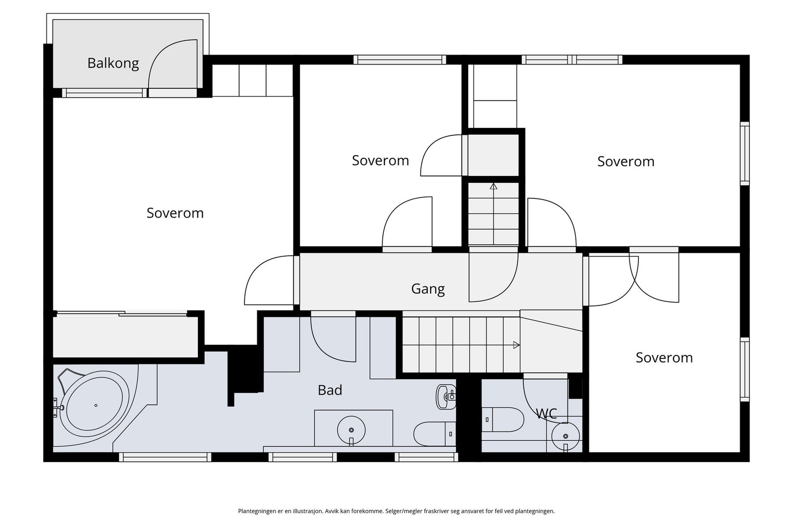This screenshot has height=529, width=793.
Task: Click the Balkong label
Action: [113, 63]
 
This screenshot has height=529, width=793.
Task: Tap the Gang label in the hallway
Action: [428, 289]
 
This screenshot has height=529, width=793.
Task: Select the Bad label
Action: [330, 390]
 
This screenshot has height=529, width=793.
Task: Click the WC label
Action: [547, 413]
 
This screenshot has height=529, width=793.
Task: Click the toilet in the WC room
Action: [503, 419]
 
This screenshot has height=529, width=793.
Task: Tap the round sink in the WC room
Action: [566, 436]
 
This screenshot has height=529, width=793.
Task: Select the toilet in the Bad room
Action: [435, 434]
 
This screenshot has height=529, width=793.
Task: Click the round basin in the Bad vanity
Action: [351, 430]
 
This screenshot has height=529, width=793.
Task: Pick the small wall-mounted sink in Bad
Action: [446, 397]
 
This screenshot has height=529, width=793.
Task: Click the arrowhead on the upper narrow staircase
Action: [494, 186]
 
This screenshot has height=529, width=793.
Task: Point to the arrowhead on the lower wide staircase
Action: [516, 345]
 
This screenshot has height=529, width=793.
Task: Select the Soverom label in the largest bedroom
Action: [175, 213]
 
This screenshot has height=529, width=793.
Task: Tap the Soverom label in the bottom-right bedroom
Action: [664, 357]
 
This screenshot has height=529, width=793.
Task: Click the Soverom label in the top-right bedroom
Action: [626, 162]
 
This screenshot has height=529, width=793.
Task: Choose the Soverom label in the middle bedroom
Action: [381, 161]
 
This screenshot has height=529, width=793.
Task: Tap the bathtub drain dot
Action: [96, 406]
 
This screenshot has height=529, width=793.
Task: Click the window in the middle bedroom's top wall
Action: [399, 59]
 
